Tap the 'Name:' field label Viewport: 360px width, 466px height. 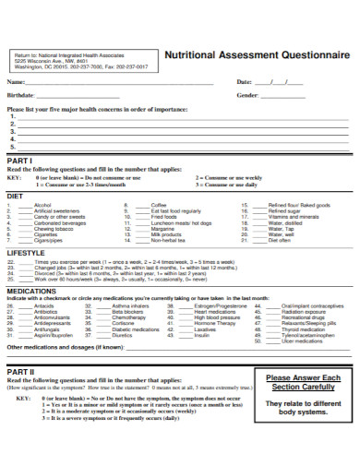click(17, 83)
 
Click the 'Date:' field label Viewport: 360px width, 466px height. click(245, 83)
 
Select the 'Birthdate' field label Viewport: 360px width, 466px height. click(21, 95)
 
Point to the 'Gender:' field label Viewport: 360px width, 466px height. click(248, 95)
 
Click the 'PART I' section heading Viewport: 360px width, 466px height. click(19, 161)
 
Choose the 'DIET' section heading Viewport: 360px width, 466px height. click(15, 197)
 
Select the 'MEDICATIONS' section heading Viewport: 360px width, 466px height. click(30, 290)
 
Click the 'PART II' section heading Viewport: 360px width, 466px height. click(20, 371)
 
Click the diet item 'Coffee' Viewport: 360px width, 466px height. click(159, 205)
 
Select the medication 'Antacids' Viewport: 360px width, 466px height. click(45, 305)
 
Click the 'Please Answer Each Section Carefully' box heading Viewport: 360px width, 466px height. click(304, 383)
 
